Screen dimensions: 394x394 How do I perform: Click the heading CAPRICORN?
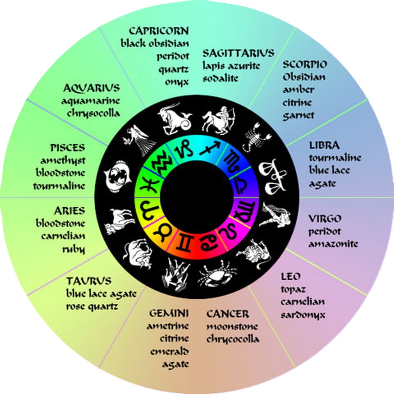point(159,31)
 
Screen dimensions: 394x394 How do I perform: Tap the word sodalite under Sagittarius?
point(220,78)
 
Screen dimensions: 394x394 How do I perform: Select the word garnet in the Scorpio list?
point(298,115)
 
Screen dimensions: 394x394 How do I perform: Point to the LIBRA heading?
point(324,145)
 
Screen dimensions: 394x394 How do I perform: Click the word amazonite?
point(333,244)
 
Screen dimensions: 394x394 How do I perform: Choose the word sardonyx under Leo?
point(303,315)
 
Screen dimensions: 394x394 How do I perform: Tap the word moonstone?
point(232,327)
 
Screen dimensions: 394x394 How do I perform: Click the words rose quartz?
point(92,306)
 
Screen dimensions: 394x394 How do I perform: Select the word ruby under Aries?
point(74,249)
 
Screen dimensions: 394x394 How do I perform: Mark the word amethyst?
point(63,160)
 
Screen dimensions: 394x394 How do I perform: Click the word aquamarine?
point(90,100)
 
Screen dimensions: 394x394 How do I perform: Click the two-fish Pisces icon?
point(117,176)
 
